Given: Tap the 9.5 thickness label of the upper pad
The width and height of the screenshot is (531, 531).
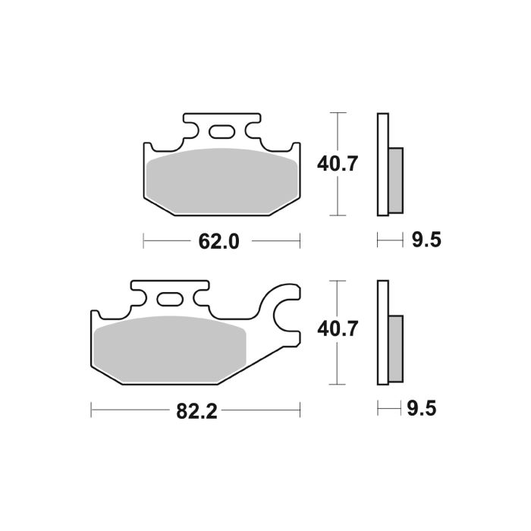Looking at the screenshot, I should pos(427,242).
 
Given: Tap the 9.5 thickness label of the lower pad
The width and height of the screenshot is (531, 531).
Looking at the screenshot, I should pos(427,410).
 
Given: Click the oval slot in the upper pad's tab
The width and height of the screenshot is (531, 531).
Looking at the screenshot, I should pos(222,134).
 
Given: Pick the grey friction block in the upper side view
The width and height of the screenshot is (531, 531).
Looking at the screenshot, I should pos(396,180).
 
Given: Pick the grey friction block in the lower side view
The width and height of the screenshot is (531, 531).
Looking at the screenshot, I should pos(396,347).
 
